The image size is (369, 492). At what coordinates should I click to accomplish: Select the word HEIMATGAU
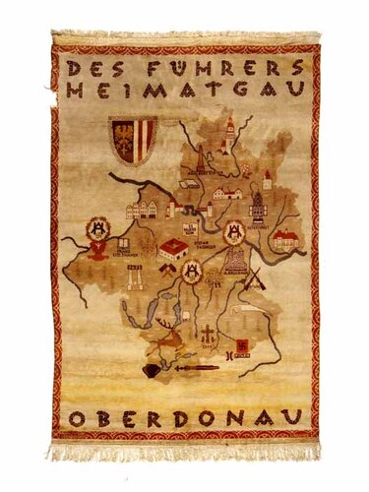coord(186,90)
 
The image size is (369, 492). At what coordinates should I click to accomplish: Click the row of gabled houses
coord(144,209)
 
